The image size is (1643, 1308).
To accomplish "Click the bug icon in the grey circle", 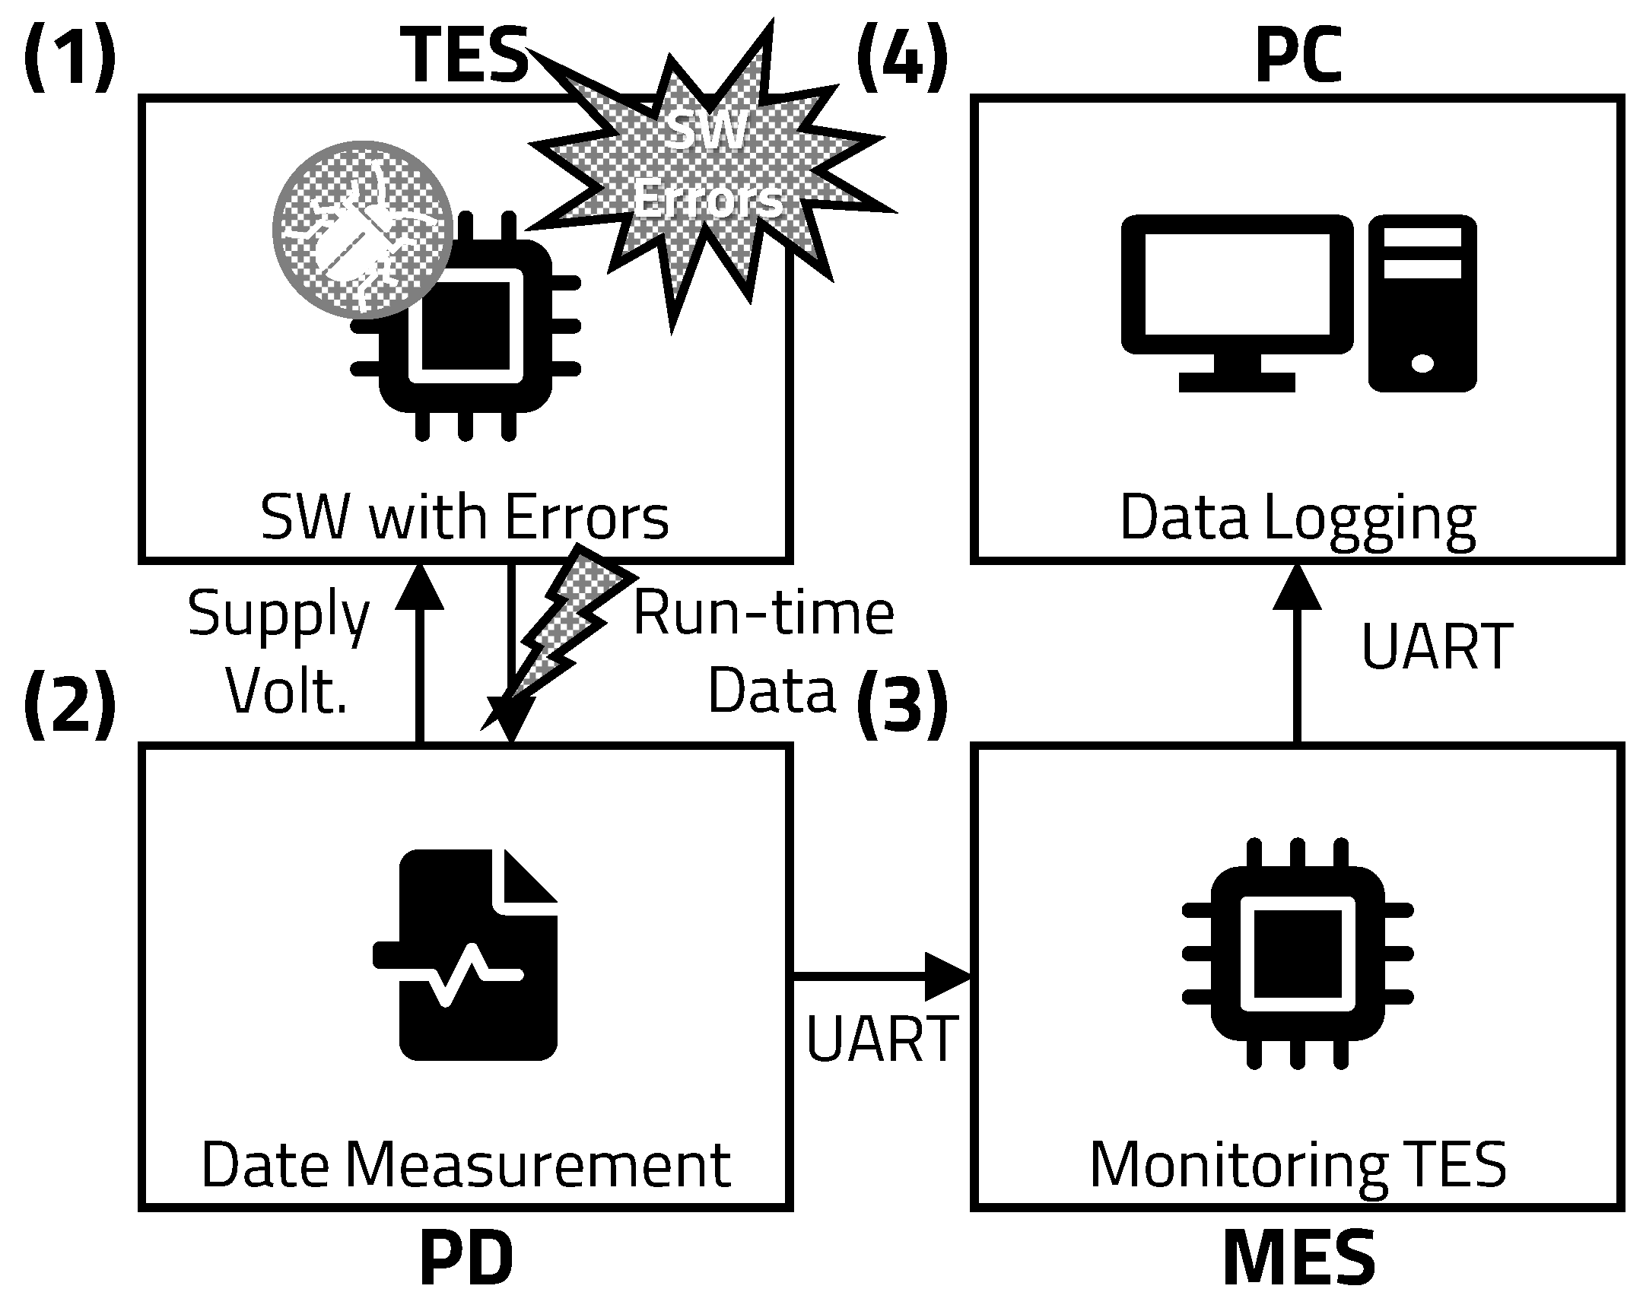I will [x=363, y=229].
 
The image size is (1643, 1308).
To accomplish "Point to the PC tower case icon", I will [x=1422, y=303].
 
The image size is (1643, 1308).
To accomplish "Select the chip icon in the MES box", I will [x=1297, y=954].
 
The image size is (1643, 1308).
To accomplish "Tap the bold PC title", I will [x=1298, y=55].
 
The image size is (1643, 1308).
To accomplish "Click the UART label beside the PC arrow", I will [x=1436, y=647].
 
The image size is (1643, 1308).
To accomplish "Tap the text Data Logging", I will [x=1298, y=518].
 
